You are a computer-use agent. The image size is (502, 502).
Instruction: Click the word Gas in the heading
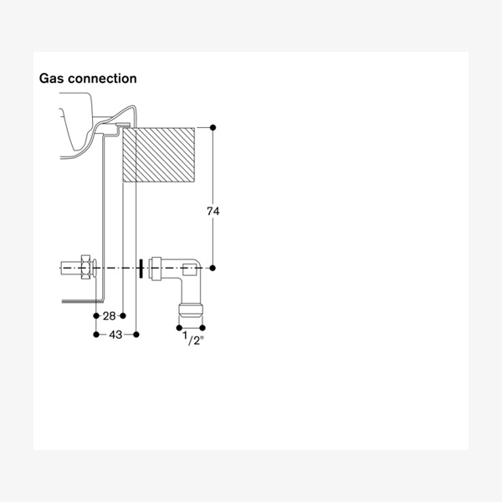coord(53,79)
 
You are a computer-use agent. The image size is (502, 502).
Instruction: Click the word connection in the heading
coord(102,79)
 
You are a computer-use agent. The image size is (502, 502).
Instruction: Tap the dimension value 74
coord(213,212)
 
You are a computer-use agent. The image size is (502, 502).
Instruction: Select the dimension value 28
coord(110,315)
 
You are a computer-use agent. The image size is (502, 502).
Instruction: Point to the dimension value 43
coord(116,334)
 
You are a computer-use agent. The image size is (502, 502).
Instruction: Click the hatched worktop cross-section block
coord(159,155)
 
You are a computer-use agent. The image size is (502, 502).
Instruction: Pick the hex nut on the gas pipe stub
coord(86,268)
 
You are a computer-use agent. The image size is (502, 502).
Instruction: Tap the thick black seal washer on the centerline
coord(141,269)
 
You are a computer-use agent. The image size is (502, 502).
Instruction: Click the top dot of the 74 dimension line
coord(213,126)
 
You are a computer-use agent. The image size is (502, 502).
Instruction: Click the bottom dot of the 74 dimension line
coord(213,268)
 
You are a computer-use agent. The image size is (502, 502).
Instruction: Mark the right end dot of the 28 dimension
coord(123,315)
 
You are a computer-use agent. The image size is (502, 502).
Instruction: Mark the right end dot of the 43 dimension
coord(136,334)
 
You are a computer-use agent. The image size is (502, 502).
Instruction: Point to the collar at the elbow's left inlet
coord(156,269)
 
